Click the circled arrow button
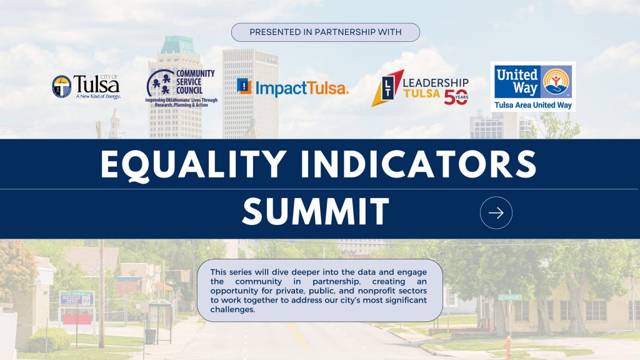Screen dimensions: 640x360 tap(496, 212)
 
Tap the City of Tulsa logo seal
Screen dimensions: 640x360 tap(62, 86)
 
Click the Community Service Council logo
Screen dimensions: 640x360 tap(181, 88)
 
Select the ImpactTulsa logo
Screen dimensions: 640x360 tap(292, 87)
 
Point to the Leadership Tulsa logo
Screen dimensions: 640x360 tap(420, 87)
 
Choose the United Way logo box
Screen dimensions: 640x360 tap(533, 86)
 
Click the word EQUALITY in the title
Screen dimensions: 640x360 tap(194, 164)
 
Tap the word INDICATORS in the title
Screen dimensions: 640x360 tap(418, 164)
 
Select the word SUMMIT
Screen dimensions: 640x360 tap(316, 211)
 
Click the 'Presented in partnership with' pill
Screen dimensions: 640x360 tap(325, 32)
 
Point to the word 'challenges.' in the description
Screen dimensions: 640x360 tap(232, 309)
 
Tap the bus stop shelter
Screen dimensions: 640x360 tap(159, 322)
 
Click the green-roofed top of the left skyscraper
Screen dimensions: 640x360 tap(178, 45)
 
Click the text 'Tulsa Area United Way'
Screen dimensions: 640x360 tap(533, 105)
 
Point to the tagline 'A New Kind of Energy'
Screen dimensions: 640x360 tap(98, 96)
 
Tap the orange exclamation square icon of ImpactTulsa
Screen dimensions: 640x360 tap(244, 86)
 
